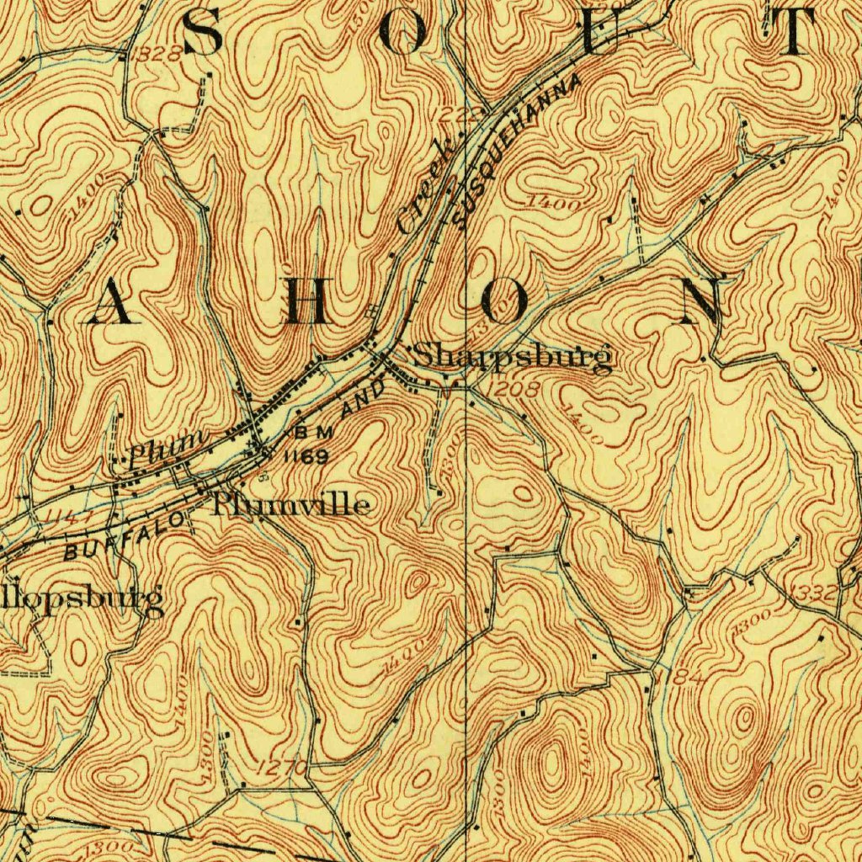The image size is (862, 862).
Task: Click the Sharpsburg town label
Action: coord(513,358)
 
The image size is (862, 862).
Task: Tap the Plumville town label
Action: coord(291,505)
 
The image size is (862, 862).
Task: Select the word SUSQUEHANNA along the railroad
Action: coord(516,152)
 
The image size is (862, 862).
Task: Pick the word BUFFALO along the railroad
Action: coord(126,538)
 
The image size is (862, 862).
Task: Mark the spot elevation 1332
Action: coord(815,593)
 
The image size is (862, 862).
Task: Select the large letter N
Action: coord(701,301)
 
